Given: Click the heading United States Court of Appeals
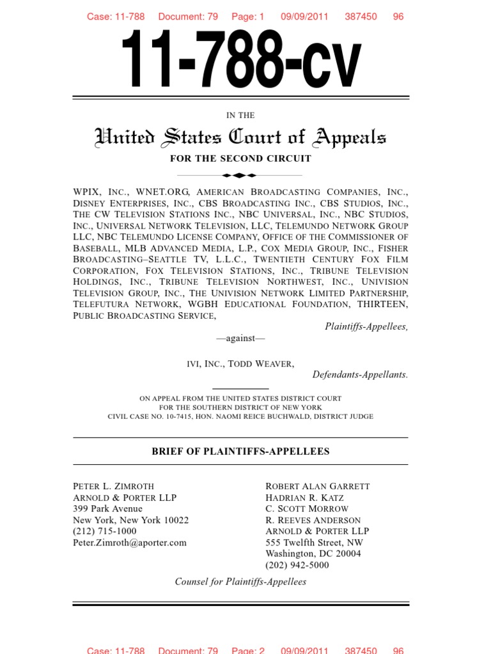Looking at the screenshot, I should pos(240,137).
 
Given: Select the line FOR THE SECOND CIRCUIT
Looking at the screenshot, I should pos(240,158).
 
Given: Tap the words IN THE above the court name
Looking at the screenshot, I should pos(240,116).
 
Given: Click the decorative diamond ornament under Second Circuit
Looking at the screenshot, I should pos(240,174).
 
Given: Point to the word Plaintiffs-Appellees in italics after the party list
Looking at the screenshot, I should pos(366,326).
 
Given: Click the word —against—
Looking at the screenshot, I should pos(240,338).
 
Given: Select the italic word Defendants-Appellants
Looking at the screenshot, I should pos(360,374).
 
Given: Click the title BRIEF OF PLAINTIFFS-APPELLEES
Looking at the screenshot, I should pos(240,451).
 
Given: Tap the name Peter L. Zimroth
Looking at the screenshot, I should pos(114,486).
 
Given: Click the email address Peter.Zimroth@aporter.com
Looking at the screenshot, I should pos(130,542).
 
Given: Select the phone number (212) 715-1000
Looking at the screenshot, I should pos(105,531).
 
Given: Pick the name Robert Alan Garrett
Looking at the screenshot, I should pos(317,486).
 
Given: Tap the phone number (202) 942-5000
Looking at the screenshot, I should pos(297,565).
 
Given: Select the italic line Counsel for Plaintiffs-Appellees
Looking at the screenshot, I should pos(240,581).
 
